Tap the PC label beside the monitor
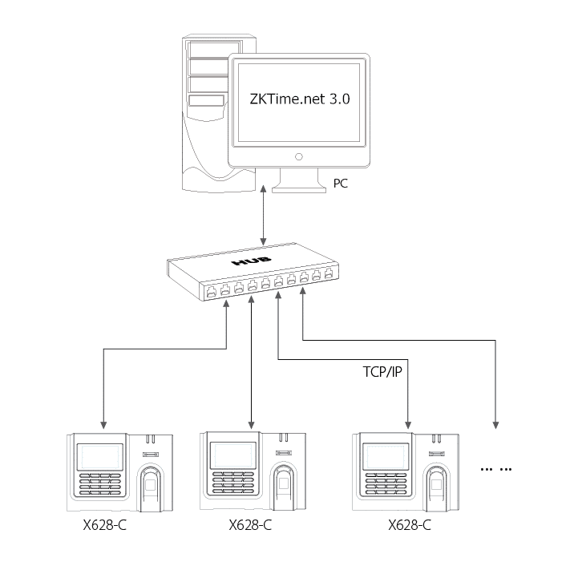click(x=341, y=184)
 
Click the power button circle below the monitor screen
click(x=298, y=156)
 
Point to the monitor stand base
click(x=297, y=188)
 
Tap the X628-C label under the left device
click(x=101, y=526)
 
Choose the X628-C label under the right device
click(x=410, y=526)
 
